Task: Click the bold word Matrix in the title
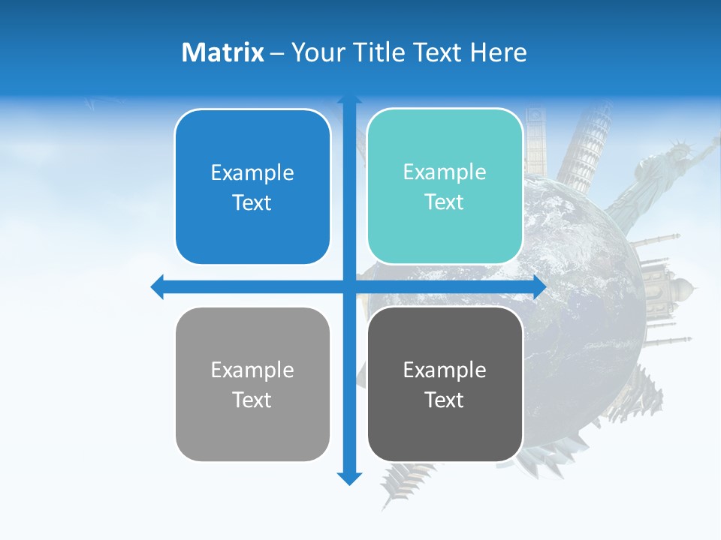pos(222,52)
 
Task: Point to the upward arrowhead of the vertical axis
pos(349,100)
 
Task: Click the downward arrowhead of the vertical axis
pos(349,478)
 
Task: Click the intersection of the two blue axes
pos(349,286)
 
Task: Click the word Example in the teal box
pos(445,172)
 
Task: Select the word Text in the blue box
pos(252,202)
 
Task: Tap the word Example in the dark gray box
pos(445,370)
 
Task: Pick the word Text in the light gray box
pos(252,400)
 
